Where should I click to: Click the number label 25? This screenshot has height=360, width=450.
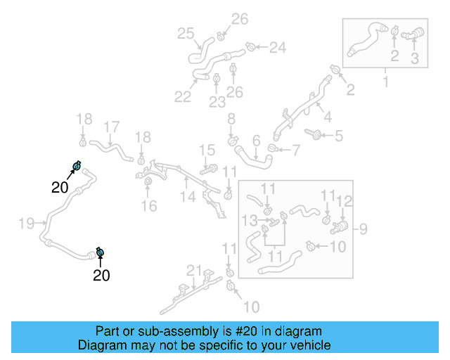pos(186,33)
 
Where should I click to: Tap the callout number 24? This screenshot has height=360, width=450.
pos(278,48)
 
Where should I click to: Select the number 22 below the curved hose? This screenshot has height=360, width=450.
pos(183,96)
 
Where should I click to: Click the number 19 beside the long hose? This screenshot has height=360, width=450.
pos(26,224)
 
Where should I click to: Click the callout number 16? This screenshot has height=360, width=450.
pos(148,205)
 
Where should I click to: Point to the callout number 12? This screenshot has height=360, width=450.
pos(344,202)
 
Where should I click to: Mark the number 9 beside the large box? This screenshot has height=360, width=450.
pos(363,228)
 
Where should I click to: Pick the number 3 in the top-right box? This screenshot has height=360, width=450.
pos(415,59)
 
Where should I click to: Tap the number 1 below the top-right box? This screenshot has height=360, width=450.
pos(385,83)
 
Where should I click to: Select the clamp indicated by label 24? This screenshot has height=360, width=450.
pos(250,48)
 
